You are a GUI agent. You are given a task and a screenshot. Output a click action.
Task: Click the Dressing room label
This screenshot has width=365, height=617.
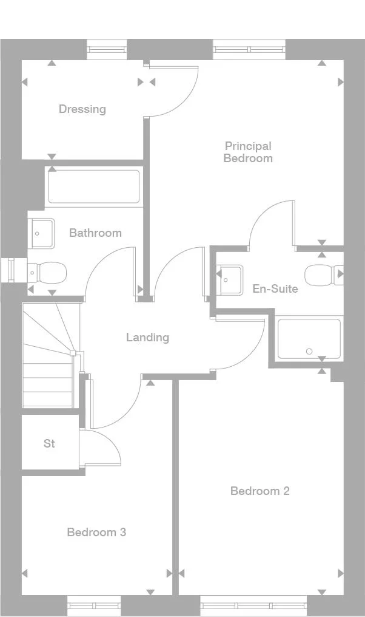coord(82,109)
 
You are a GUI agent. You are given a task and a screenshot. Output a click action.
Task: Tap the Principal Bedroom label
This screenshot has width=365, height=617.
coord(248,152)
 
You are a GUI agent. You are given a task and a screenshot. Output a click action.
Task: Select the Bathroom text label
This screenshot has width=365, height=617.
coord(95,233)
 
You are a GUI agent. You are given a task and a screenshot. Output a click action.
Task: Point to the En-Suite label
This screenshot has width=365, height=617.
coord(275,288)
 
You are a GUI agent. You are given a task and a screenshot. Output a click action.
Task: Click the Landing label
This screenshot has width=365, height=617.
coord(147,337)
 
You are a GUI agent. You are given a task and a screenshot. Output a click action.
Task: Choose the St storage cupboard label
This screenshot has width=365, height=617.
coord(49,444)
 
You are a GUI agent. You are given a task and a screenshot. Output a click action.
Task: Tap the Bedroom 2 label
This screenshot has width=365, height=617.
coord(260,491)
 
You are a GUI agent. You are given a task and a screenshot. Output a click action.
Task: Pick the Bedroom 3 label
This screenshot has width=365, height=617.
coord(96,532)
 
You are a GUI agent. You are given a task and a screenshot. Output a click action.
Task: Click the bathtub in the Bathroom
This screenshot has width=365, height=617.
coord(94,186)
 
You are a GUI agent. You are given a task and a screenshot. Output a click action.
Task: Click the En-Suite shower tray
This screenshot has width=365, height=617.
coord(309,339)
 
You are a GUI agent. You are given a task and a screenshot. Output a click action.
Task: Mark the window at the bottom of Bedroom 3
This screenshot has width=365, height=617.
coord(94,605)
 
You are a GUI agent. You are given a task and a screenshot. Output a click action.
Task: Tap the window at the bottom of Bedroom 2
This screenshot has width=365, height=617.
coord(254,605)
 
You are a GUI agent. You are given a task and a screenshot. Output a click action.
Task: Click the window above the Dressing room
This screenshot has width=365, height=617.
coord(107,49)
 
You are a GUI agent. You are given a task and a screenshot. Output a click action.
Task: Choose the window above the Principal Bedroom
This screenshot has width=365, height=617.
coord(249,49)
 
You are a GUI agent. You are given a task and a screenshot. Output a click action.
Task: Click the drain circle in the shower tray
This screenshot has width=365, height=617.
coord(309,351)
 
